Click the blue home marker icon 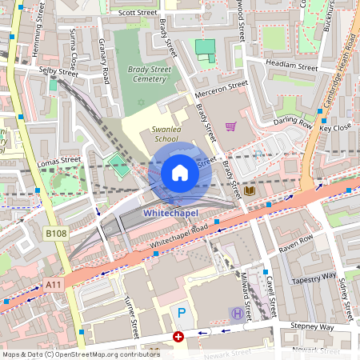[180, 173]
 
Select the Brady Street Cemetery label [140, 74]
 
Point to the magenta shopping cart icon [230, 126]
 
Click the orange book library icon [250, 191]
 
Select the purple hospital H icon [236, 313]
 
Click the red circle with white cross [178, 338]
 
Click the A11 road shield [54, 284]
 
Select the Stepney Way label [312, 326]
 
